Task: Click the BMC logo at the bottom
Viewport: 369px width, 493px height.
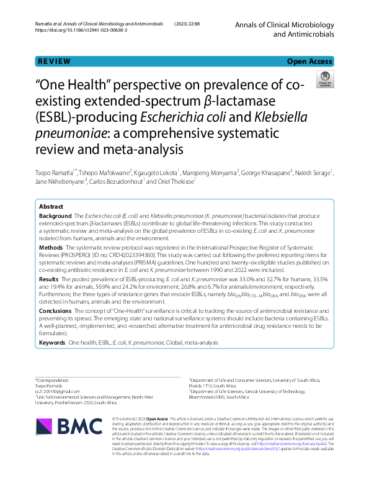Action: pos(79,425)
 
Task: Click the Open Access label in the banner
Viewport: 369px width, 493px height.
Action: pos(309,61)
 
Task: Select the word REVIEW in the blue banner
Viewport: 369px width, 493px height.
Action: pos(54,61)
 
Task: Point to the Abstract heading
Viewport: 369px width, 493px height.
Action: pos(51,206)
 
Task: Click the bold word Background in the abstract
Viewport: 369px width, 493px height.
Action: pos(56,216)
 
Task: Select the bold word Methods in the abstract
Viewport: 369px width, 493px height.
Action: pos(51,247)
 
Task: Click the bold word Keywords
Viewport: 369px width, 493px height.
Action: pos(52,341)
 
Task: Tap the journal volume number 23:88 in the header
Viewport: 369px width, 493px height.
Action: pos(203,23)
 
